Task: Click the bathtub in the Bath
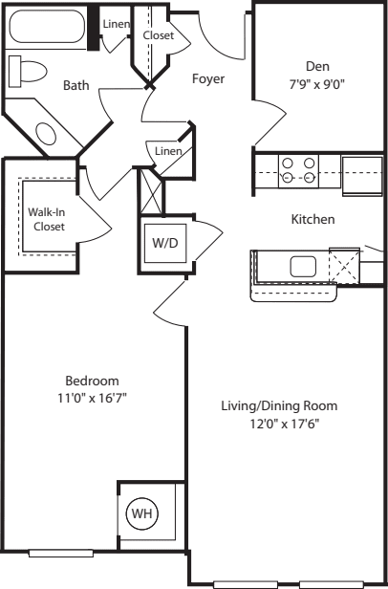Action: coord(47,27)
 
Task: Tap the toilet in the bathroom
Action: coord(28,72)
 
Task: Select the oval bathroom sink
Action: coord(46,134)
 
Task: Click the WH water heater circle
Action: coord(142,513)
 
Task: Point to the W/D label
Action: coord(165,243)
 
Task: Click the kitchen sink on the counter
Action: coord(303,267)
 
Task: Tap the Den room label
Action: coord(318,67)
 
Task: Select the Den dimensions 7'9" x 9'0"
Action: coord(316,84)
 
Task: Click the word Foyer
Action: coord(208,78)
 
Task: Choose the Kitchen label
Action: coord(313,219)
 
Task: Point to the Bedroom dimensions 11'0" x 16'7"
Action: coord(92,398)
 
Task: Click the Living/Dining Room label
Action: coord(279,406)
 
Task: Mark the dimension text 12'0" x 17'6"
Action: coord(285,424)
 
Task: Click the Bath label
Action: coord(76,85)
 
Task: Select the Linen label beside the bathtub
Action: coord(116,24)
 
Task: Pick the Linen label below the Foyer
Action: coord(168,151)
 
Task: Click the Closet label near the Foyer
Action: coord(159,35)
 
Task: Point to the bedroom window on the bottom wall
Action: coord(61,553)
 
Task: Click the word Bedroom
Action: coord(92,381)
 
